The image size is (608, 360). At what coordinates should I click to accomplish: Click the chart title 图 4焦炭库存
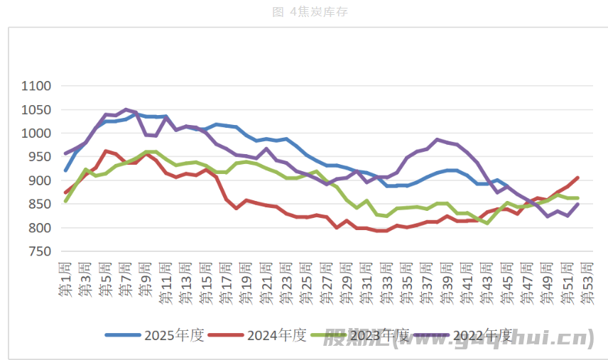(x=310, y=12)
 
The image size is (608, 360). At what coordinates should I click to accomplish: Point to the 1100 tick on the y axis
(x=36, y=86)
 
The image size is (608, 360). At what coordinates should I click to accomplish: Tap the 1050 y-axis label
(x=36, y=110)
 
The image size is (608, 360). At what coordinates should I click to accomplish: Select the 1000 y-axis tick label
(x=36, y=133)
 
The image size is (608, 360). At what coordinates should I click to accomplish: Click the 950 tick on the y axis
(x=40, y=157)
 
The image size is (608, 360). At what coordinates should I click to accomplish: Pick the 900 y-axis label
(x=40, y=181)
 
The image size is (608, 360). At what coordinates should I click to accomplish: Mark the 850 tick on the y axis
(x=40, y=204)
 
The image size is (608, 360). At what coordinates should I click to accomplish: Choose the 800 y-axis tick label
(x=40, y=228)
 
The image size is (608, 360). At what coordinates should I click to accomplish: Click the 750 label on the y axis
(x=40, y=251)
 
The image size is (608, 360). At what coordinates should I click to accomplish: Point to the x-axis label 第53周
(x=587, y=282)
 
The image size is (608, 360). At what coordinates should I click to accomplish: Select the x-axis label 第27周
(x=326, y=282)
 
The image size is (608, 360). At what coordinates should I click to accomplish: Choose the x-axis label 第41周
(x=467, y=282)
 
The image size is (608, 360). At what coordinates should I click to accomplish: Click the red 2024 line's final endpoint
(x=577, y=178)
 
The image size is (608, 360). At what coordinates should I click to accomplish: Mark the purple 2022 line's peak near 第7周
(x=126, y=109)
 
